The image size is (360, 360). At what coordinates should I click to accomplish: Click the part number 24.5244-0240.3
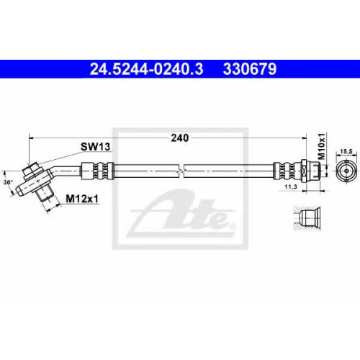tap(146, 69)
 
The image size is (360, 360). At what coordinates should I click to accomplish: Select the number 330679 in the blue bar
tap(250, 69)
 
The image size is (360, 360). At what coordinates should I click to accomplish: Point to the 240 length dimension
tap(180, 138)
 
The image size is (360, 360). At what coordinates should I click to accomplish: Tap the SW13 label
tap(95, 147)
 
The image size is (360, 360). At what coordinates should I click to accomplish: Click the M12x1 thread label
tap(82, 199)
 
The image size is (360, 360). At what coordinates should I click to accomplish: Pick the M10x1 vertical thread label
tap(321, 147)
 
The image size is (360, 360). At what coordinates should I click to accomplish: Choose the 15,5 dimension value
tap(346, 151)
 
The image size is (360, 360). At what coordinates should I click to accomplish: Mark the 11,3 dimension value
tap(291, 186)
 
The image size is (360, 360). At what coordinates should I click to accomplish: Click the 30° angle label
tap(8, 182)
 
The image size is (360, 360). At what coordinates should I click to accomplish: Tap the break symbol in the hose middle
tap(181, 171)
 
